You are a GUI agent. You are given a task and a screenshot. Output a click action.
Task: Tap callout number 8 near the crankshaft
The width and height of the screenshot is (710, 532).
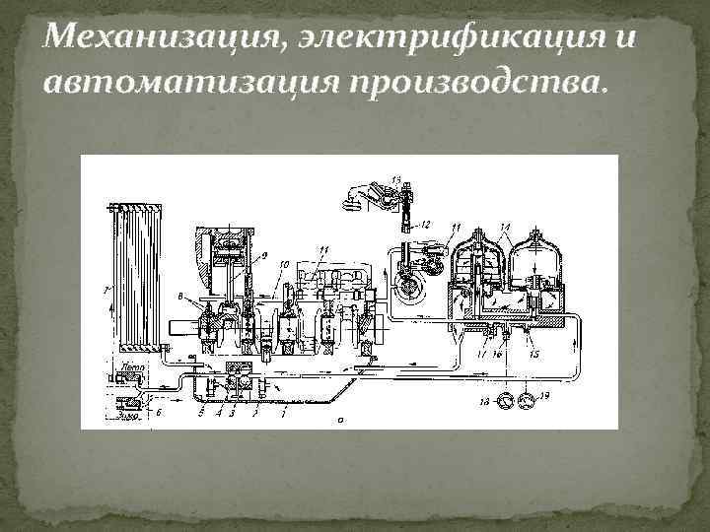pos(179,295)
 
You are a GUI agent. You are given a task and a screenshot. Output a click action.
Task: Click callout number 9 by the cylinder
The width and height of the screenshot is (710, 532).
pos(263,253)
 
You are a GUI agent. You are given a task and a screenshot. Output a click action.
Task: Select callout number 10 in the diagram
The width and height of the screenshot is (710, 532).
pos(282,264)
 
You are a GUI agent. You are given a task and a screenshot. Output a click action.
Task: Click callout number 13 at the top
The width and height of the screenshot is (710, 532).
pos(395,176)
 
